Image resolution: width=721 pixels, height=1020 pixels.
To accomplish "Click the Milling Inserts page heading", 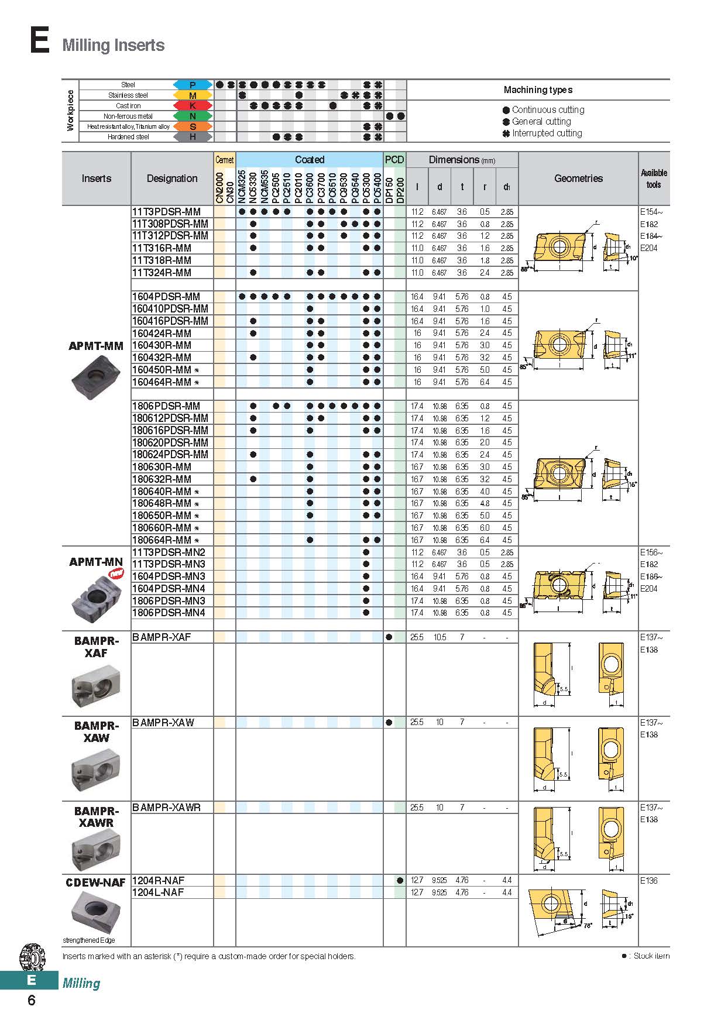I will pos(113,45).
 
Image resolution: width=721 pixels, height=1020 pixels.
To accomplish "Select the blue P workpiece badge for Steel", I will pos(193,85).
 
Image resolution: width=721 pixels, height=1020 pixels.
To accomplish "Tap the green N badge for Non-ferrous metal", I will pos(193,116).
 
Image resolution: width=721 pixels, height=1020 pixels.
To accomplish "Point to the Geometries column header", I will pos(578,178).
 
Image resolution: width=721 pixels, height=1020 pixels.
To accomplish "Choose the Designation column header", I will pos(172,178).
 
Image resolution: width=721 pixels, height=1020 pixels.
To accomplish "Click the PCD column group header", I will pos(394,160).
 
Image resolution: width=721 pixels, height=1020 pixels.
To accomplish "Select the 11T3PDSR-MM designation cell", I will pos(167,212).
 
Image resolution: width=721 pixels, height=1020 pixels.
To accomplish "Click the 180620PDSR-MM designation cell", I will pos(170,443).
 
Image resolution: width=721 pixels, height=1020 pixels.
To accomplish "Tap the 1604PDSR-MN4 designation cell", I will pos(169,589).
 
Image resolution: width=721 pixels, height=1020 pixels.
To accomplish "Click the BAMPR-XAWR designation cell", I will pos(167,808).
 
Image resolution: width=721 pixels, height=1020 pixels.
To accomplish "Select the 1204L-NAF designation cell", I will pos(159,892).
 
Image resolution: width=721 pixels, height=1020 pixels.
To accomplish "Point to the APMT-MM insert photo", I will pos(96,375).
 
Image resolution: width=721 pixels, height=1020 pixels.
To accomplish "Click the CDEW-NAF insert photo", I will pos(96,911).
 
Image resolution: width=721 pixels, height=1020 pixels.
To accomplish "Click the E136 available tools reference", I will pos(649,881).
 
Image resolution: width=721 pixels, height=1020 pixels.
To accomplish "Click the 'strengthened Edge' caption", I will pos(89,940).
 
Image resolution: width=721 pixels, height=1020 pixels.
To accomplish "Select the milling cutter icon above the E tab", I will pos(32,957).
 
